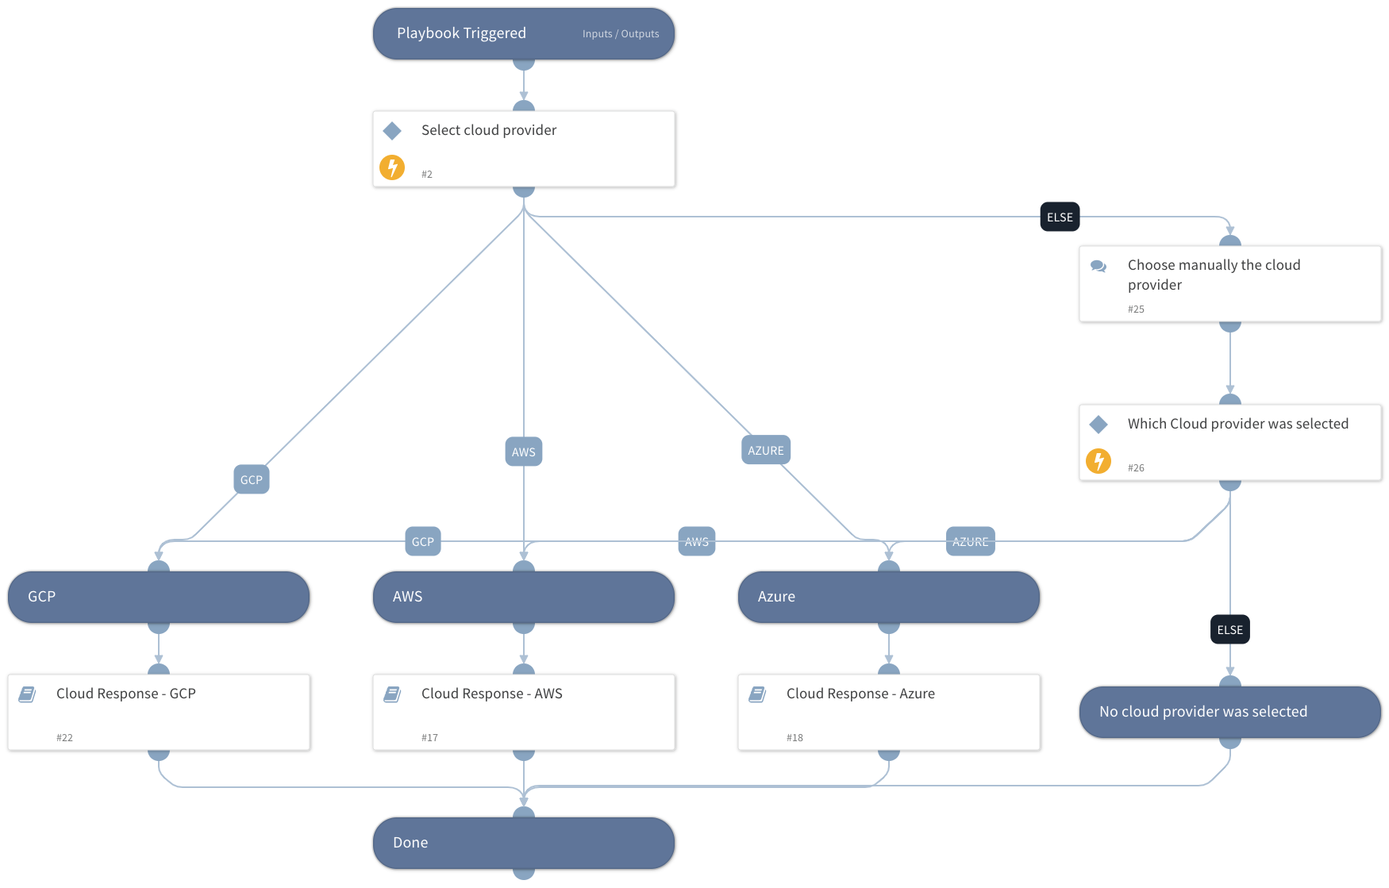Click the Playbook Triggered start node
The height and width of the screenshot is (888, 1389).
click(476, 34)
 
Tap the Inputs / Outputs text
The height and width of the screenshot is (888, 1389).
click(620, 34)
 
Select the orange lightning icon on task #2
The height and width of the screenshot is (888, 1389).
click(392, 167)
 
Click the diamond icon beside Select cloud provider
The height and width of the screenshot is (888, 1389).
click(392, 130)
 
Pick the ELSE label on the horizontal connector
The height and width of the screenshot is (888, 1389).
click(1060, 217)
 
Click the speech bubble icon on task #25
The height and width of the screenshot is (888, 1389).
click(1099, 267)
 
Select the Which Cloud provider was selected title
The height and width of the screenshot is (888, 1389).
click(1237, 424)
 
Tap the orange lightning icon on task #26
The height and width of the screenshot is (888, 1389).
click(1099, 461)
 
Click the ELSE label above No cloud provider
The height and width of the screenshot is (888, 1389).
click(1229, 629)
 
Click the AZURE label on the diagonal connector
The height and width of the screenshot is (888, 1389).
click(765, 450)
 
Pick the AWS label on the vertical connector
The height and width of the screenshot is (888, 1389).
click(523, 452)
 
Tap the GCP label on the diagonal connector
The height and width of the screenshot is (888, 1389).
click(251, 479)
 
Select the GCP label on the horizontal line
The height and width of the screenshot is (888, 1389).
click(422, 541)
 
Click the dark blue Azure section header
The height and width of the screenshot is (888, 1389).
click(888, 597)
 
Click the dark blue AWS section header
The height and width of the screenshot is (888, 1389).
click(523, 597)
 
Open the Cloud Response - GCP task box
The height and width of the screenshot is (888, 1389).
click(159, 712)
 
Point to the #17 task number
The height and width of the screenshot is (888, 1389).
click(429, 737)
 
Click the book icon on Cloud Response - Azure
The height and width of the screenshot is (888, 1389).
click(757, 694)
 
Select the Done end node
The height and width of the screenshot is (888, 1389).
click(523, 843)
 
